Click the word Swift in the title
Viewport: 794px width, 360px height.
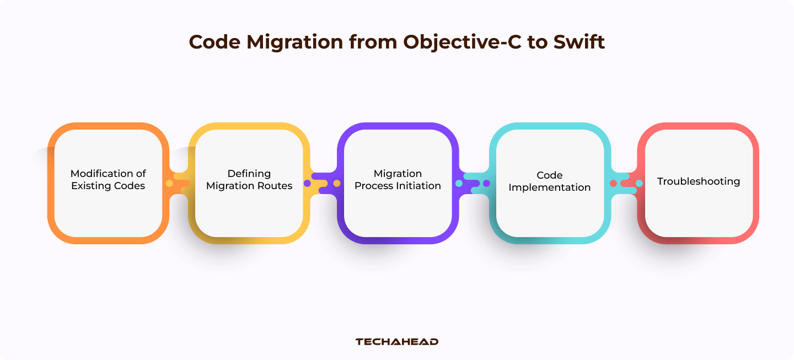pos(579,42)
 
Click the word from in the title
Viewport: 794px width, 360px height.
pos(373,42)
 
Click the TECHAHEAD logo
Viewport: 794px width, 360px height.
pos(397,342)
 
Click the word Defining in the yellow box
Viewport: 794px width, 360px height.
pos(249,174)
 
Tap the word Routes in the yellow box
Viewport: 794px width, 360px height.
pos(276,186)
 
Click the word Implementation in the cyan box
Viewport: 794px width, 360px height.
pos(549,187)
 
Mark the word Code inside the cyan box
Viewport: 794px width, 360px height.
pos(549,175)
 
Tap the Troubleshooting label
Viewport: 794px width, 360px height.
pos(699,181)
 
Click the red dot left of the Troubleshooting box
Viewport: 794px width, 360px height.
pos(613,183)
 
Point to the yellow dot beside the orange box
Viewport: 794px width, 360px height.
pos(169,183)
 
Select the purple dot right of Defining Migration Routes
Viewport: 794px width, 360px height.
pos(307,183)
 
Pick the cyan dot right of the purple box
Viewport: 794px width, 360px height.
pos(459,183)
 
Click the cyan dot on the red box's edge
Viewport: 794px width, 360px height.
pos(639,183)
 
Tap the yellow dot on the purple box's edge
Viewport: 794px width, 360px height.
pos(337,183)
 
